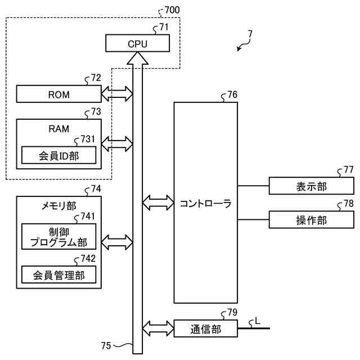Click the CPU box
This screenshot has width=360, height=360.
click(137, 43)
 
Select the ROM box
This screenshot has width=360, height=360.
click(58, 94)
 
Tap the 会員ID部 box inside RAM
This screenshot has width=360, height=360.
click(58, 155)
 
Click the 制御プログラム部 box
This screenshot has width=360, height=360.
click(58, 236)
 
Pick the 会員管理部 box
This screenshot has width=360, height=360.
click(58, 274)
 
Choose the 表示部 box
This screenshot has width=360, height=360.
click(311, 186)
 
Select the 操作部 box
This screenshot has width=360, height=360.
click(311, 220)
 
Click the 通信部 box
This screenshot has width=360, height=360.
click(206, 328)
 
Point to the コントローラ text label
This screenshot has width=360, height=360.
click(206, 204)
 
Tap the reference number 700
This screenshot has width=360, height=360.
click(172, 10)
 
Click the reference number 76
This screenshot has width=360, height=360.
click(232, 94)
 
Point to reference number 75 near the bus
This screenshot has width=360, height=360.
click(106, 345)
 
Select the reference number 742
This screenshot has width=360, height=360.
click(88, 259)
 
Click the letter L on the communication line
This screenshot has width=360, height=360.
click(258, 321)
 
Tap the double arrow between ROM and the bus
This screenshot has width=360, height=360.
click(117, 94)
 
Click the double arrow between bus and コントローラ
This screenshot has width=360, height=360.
click(158, 202)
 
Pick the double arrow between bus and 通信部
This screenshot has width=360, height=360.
click(158, 328)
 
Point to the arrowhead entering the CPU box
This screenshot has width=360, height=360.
click(137, 58)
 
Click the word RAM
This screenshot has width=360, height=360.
click(58, 129)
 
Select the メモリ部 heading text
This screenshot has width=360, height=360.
click(58, 206)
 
